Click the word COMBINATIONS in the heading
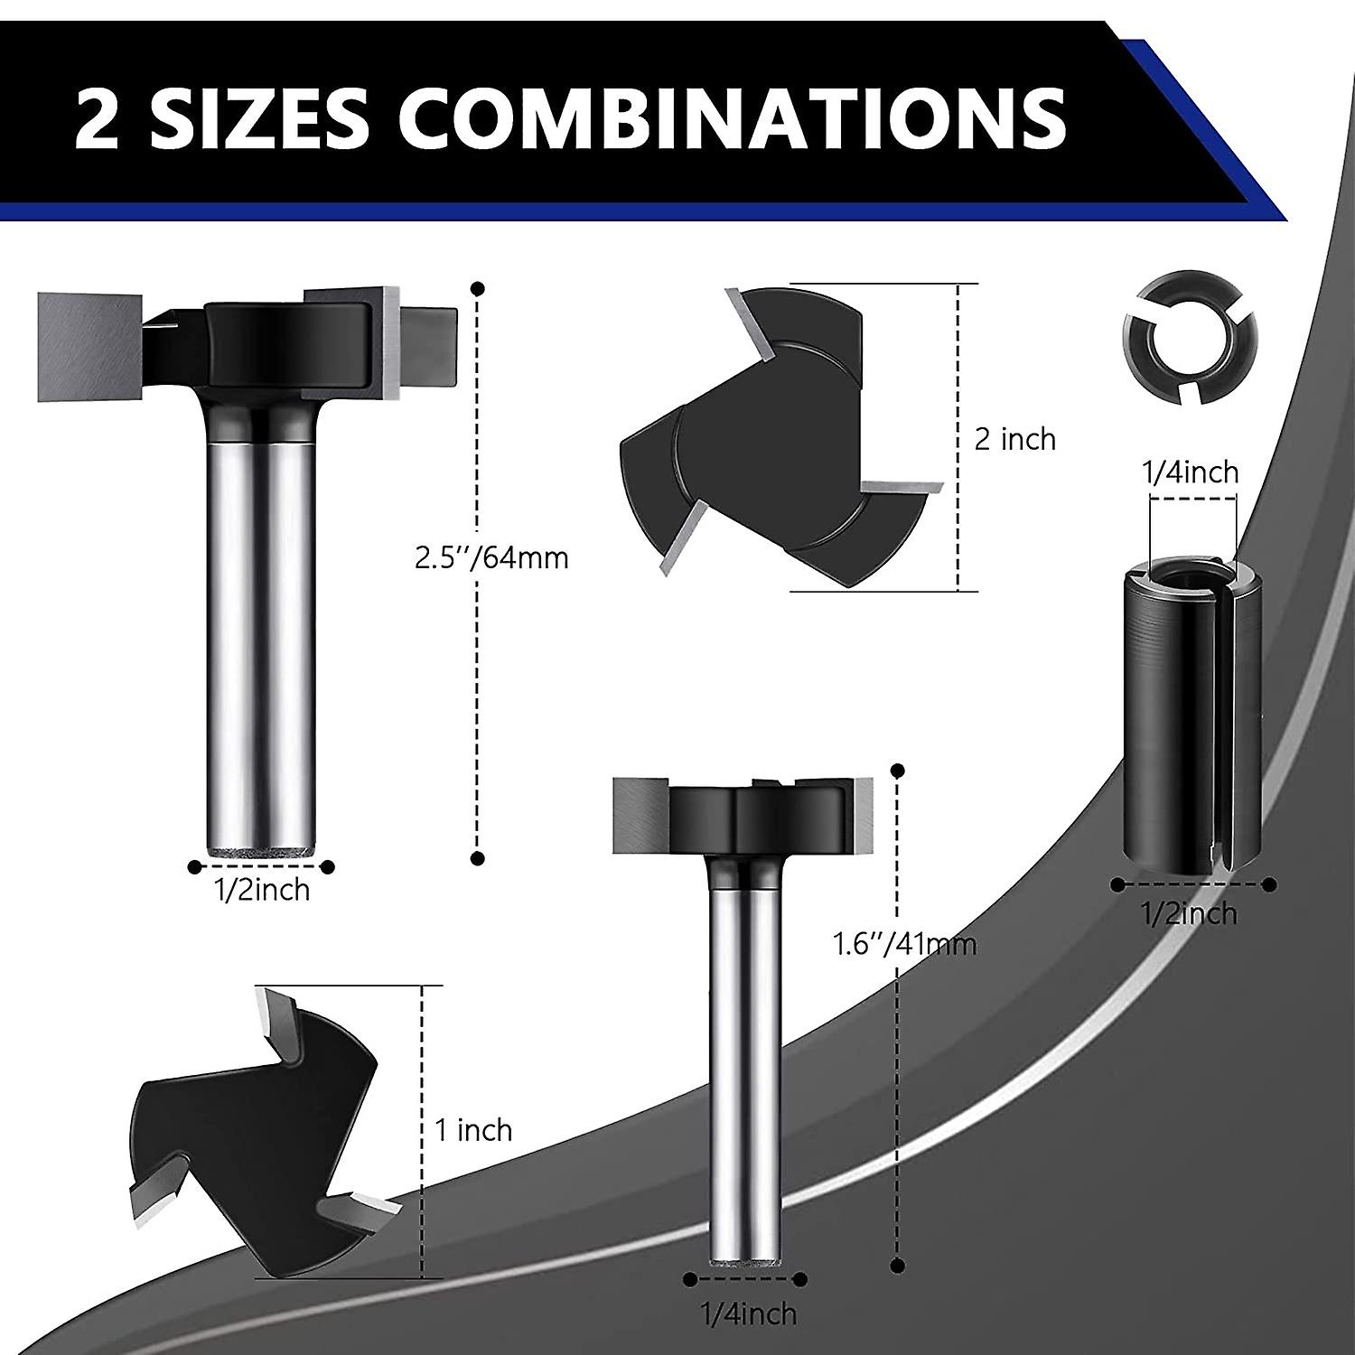pos(734,118)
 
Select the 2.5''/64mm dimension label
pos(491,557)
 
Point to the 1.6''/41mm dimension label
pos(904,944)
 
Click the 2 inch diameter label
pos(1015,439)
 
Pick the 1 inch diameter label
pos(473,1130)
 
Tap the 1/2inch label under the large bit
pos(262,890)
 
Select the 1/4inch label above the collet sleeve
pos(1191,472)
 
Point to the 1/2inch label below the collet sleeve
pos(1191,913)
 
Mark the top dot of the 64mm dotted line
pos(478,289)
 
